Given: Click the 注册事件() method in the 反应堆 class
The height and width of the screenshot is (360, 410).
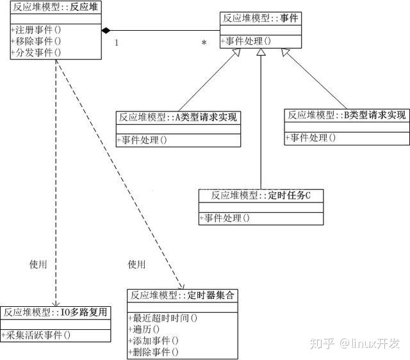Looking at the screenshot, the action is (36, 30).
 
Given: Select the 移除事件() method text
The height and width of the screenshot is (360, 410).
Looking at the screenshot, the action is (36, 41).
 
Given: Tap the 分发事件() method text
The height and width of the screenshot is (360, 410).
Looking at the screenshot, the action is (36, 53).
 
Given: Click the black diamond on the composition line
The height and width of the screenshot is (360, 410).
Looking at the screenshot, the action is (106, 30).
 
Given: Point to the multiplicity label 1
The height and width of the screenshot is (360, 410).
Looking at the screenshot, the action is (117, 43).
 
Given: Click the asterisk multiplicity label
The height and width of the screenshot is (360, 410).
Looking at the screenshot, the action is (204, 43).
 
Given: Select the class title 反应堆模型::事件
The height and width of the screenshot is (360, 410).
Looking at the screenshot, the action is (261, 19).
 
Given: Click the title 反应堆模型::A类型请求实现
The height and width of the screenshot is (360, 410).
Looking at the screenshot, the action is (178, 117).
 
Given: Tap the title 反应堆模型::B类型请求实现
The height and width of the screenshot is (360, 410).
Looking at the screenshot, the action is (347, 115).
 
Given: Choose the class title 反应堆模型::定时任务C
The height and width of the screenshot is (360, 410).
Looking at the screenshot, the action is (261, 195).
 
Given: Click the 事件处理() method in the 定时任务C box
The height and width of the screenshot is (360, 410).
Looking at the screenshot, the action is (225, 218).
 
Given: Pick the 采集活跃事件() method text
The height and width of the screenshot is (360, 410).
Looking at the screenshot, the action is (36, 335).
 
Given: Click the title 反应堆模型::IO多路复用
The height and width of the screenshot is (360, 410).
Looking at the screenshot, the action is (55, 312).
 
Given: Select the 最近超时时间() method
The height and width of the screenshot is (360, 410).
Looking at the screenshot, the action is (163, 318).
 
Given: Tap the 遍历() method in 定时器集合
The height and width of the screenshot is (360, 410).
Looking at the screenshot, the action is (144, 329).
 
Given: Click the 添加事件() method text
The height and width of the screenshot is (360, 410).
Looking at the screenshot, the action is (154, 341).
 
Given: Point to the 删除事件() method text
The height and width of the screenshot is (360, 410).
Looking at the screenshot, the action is (154, 352).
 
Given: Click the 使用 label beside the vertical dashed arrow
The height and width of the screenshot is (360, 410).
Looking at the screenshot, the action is (38, 265).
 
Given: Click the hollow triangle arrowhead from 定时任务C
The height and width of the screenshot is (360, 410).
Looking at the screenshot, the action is (261, 52).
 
